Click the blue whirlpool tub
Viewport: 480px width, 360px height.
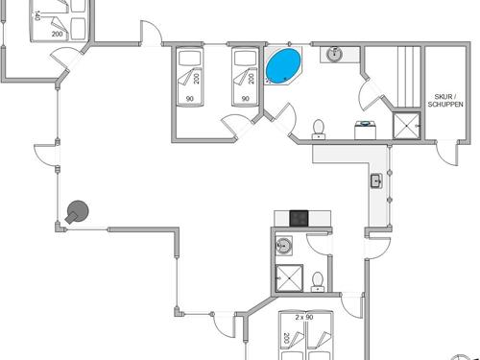[282, 66]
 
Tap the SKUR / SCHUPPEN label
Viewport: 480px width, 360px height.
[445, 100]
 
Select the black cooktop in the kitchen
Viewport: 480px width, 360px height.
[298, 218]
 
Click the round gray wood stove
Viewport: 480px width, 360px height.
[77, 211]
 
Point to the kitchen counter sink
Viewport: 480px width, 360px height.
[376, 180]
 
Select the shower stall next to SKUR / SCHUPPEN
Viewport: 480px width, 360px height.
[405, 126]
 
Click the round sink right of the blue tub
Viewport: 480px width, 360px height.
[334, 54]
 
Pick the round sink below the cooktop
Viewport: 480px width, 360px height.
[283, 247]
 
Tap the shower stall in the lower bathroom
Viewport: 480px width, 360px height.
[287, 276]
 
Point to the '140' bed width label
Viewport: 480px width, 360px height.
[36, 15]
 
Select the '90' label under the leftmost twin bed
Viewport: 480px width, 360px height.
[189, 99]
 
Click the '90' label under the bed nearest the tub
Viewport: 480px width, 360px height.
[246, 99]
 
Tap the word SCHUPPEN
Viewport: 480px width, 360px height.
[445, 104]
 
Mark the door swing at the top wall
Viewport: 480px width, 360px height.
[151, 35]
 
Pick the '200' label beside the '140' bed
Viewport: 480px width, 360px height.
[57, 34]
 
